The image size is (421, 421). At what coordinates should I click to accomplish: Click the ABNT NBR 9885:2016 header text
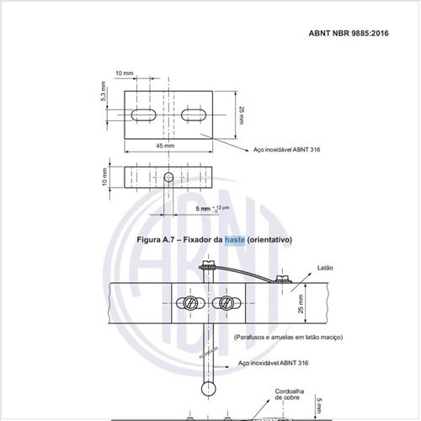click(x=349, y=33)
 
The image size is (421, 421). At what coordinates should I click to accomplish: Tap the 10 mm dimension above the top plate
click(x=125, y=73)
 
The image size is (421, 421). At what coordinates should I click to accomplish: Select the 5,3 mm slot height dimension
click(x=103, y=91)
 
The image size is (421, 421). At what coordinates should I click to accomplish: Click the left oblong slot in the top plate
click(x=144, y=115)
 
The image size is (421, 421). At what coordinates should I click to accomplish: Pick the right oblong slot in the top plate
click(x=194, y=115)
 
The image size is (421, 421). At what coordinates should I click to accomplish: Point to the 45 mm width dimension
click(x=165, y=146)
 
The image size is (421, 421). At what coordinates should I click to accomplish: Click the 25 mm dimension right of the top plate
click(x=242, y=115)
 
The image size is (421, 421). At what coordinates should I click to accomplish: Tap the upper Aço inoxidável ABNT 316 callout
click(x=286, y=150)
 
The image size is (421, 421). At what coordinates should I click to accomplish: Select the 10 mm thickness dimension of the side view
click(x=104, y=177)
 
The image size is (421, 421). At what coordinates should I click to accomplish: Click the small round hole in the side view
click(x=168, y=177)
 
